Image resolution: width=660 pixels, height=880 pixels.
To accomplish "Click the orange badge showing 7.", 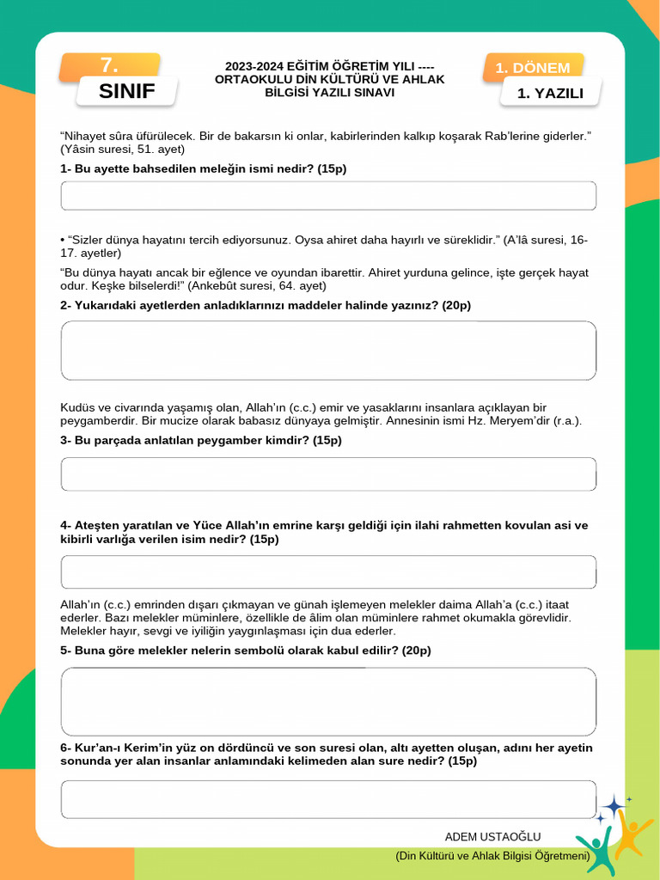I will pyautogui.click(x=109, y=65).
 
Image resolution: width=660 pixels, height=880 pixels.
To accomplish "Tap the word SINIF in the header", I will pyautogui.click(x=126, y=92).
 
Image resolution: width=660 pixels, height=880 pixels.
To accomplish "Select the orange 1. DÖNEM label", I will pyautogui.click(x=533, y=68).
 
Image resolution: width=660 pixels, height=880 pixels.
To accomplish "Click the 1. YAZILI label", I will pyautogui.click(x=550, y=93).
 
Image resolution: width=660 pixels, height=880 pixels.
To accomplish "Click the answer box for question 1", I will pyautogui.click(x=328, y=196).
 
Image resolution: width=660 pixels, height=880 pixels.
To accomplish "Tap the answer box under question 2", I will pyautogui.click(x=328, y=351).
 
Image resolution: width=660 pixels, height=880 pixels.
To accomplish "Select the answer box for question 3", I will pyautogui.click(x=328, y=474).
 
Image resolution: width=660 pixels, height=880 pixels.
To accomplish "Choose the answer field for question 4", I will pyautogui.click(x=328, y=572).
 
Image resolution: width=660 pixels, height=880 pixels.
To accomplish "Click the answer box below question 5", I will pyautogui.click(x=328, y=702).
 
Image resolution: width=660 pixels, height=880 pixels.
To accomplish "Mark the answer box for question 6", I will pyautogui.click(x=328, y=799).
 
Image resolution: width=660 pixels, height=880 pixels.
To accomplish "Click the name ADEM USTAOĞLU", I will pyautogui.click(x=492, y=837).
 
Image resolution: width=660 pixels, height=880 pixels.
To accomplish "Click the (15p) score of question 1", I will pyautogui.click(x=332, y=169).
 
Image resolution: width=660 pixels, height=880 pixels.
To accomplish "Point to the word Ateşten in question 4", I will pyautogui.click(x=100, y=525).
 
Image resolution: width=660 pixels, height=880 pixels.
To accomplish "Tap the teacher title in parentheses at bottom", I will pyautogui.click(x=492, y=856).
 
